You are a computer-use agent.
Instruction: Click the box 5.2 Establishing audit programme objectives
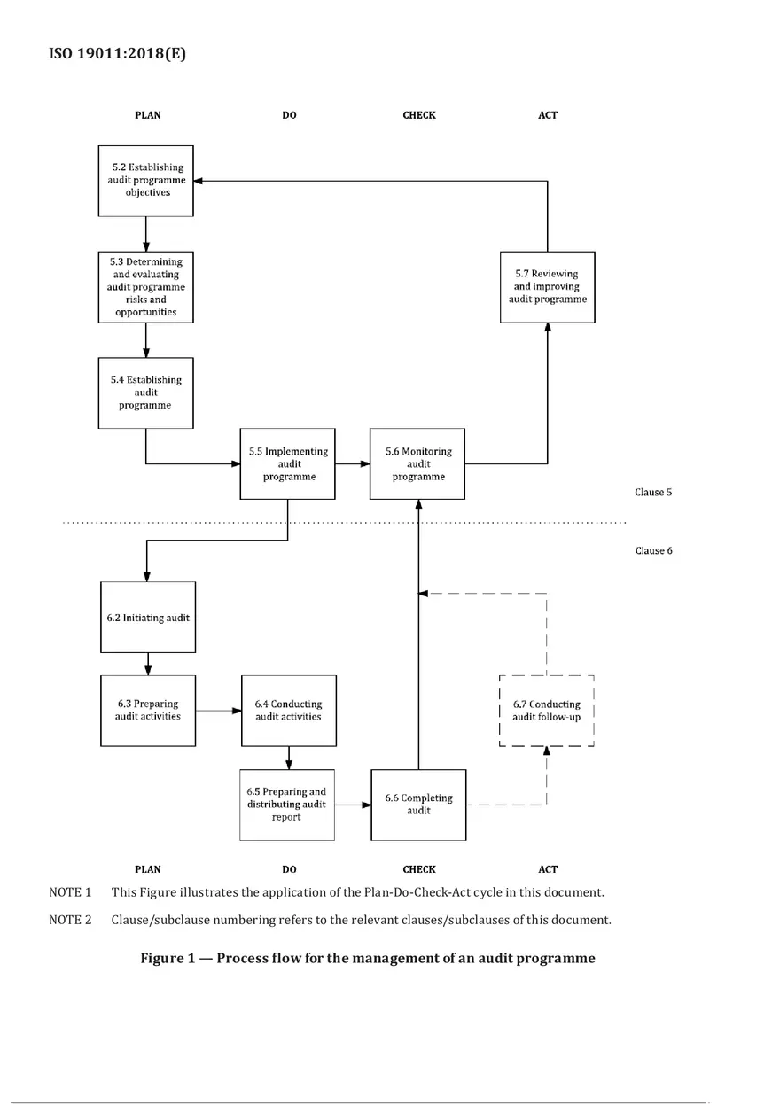coord(145,180)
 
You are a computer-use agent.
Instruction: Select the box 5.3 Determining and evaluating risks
coord(145,286)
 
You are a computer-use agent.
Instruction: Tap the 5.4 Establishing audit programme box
coord(145,393)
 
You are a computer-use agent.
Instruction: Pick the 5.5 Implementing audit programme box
coord(288,463)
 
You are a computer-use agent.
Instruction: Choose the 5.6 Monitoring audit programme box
coord(418,463)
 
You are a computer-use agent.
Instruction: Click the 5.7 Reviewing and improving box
coord(547,286)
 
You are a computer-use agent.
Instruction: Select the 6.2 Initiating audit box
coord(148,618)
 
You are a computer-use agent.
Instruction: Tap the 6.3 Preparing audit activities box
coord(148,710)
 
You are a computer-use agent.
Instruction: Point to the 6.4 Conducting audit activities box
coord(288,710)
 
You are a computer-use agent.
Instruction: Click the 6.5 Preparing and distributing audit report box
coord(286,805)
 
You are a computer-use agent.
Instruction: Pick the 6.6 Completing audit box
coord(418,805)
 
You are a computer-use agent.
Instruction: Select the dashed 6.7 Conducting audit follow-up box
coord(547,710)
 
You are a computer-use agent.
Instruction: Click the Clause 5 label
coord(653,492)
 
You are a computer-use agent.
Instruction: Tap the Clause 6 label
coord(653,550)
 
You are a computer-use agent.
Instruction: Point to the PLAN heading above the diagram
coord(148,115)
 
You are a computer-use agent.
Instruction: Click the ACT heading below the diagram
coord(548,869)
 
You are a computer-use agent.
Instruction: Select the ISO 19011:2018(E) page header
coord(117,53)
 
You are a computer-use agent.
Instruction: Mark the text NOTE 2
coord(70,920)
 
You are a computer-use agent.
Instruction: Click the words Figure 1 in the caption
coord(171,958)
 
